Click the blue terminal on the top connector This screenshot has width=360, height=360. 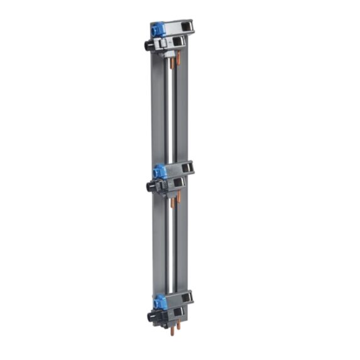tap(157, 28)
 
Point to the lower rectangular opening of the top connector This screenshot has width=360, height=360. tap(179, 42)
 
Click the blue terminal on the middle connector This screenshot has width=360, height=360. tap(160, 170)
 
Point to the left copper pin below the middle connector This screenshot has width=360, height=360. tap(173, 202)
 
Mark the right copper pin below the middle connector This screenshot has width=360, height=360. tap(179, 198)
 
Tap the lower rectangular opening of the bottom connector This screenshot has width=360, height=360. tap(179, 312)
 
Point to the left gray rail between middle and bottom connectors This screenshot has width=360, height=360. tap(158, 245)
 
